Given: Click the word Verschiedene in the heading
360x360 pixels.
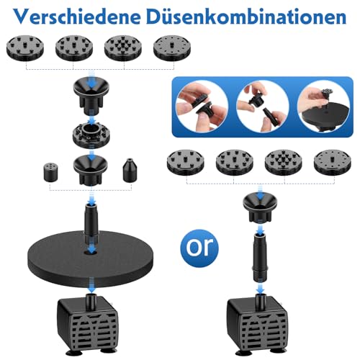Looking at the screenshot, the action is [x=77, y=17].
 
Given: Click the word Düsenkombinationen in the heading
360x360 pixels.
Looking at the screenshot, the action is [x=246, y=17].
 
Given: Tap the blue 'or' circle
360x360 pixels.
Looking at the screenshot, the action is [x=199, y=248].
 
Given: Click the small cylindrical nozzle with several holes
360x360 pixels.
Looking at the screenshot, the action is [x=51, y=172].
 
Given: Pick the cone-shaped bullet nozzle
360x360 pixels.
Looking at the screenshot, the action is [x=130, y=171].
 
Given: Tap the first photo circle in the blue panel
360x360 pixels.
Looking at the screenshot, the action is [x=202, y=107].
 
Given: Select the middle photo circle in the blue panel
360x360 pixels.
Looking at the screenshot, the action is [x=263, y=107].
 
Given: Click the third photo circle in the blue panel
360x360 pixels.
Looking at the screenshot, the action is [x=323, y=107].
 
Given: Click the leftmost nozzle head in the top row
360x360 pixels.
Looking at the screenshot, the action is [x=25, y=48].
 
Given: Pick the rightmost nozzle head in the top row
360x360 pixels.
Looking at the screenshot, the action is [x=172, y=48].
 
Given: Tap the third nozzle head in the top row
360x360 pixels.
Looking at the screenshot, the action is [x=123, y=48].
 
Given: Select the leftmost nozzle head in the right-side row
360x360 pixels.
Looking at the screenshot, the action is [x=186, y=162].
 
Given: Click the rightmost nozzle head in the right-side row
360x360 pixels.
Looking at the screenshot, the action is [x=333, y=162].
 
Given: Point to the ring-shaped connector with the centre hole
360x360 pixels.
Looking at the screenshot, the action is [x=91, y=135].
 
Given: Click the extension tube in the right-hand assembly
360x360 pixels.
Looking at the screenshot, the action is [x=260, y=258].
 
